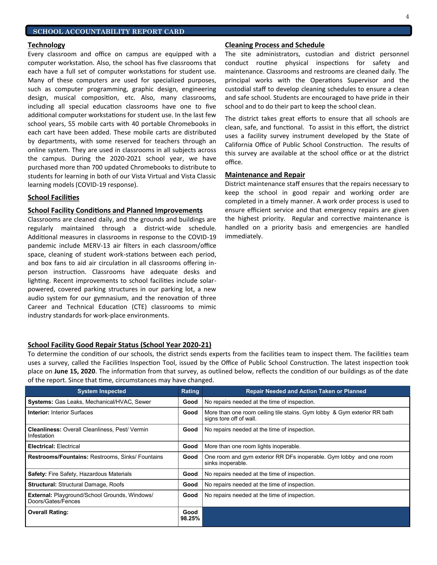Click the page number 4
[407, 16]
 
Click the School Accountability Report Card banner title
[109, 31]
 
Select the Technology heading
[46, 45]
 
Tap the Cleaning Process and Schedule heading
[274, 45]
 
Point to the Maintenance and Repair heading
[265, 175]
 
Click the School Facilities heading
[53, 197]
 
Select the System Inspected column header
[102, 391]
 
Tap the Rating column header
[190, 391]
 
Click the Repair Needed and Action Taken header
[306, 391]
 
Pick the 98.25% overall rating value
[190, 518]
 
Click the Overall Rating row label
[48, 512]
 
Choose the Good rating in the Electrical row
[190, 446]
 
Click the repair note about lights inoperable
[252, 446]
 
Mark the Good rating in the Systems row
[190, 402]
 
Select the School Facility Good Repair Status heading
[119, 345]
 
